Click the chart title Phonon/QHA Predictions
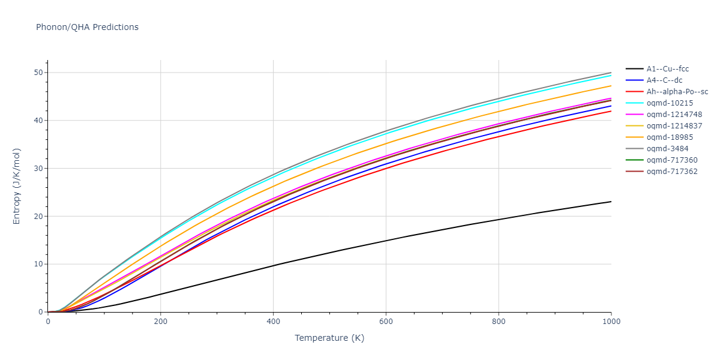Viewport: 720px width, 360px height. (87, 27)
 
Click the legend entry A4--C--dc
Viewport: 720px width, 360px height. (664, 80)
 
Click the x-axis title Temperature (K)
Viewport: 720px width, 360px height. (329, 338)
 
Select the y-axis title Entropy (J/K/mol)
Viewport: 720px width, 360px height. (17, 186)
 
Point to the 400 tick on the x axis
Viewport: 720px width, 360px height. (273, 321)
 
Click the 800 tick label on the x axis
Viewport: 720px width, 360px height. (499, 321)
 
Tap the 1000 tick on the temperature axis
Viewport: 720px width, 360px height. (611, 321)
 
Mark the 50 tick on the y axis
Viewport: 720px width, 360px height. (39, 73)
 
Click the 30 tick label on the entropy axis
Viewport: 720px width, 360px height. (39, 169)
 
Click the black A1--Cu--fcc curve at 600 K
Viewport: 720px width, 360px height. (386, 241)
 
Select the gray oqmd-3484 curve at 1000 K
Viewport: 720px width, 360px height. (611, 73)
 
